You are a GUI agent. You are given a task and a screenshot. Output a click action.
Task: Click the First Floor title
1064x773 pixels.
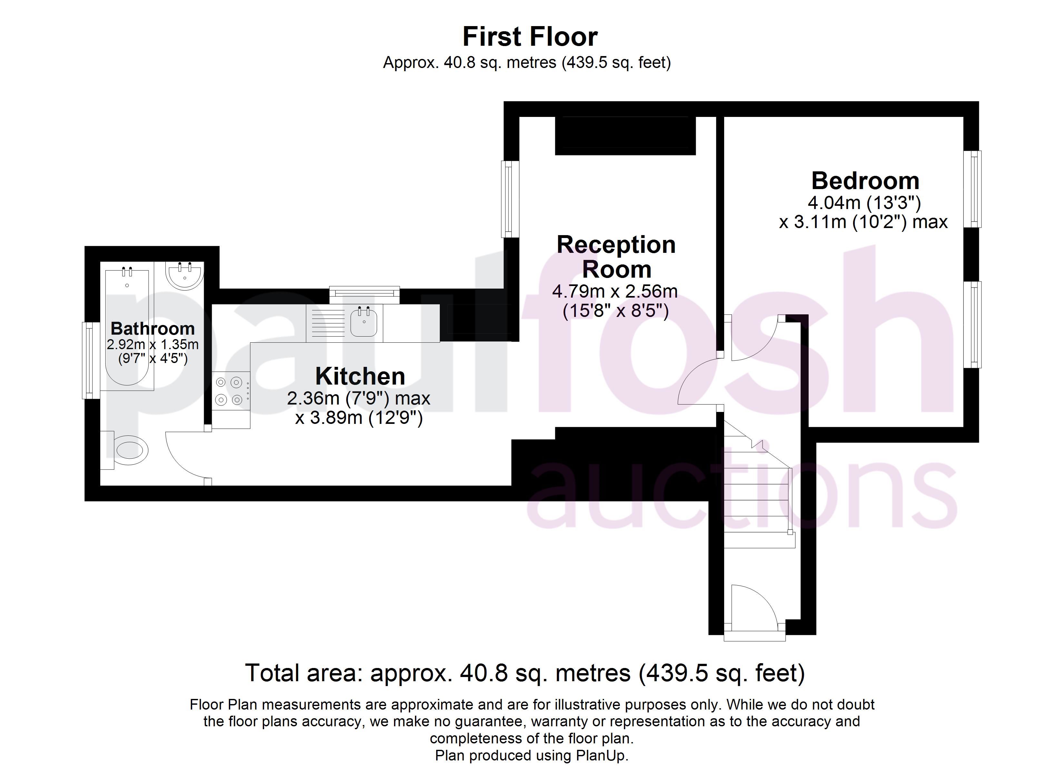530,37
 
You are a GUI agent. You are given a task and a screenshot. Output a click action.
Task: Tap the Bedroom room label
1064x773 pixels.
865,180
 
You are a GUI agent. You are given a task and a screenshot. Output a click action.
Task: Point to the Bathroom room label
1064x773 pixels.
153,328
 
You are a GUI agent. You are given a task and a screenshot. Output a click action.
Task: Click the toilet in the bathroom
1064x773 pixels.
127,450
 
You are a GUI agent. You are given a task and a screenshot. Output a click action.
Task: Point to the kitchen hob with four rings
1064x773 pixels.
231,391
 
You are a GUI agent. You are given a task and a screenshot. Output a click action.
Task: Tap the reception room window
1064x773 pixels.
510,199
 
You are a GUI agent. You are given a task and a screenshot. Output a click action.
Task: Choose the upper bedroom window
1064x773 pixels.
972,189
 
